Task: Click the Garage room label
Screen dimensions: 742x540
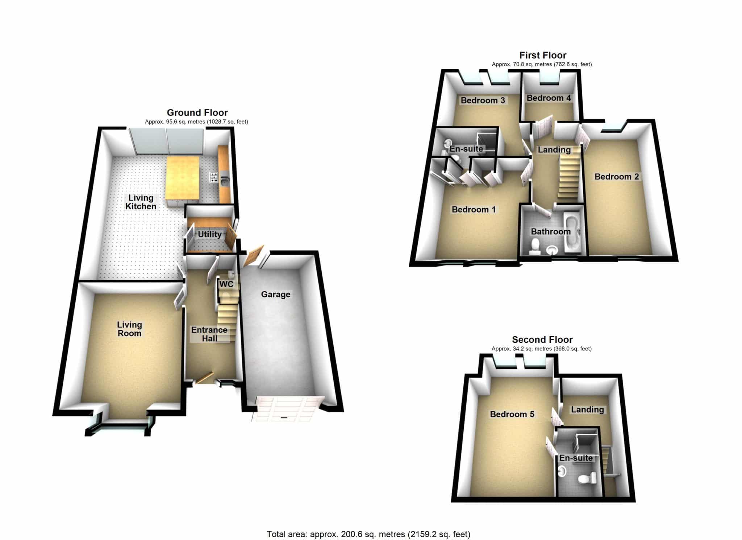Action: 276,294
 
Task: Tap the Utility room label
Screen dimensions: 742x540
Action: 209,234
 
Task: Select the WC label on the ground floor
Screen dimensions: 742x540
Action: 226,284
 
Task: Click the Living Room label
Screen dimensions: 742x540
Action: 129,329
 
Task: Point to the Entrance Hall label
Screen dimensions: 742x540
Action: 209,334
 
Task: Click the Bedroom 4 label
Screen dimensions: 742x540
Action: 549,98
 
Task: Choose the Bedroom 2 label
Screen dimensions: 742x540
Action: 617,177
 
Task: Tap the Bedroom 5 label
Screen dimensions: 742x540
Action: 512,414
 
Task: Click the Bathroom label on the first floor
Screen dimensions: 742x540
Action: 551,231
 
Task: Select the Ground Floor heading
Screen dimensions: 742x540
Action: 197,112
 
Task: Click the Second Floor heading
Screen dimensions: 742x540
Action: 542,340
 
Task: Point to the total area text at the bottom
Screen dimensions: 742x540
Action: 368,534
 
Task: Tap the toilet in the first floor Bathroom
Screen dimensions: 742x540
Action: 534,246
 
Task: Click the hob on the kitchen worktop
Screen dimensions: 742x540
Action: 214,177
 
